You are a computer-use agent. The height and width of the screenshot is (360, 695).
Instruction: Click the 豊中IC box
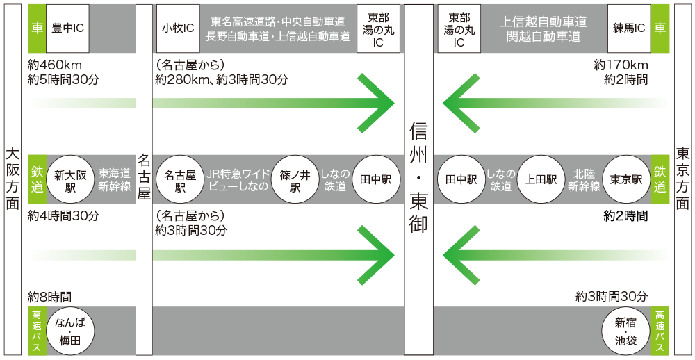pos(68,28)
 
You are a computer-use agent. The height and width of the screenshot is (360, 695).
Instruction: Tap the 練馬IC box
pos(628,28)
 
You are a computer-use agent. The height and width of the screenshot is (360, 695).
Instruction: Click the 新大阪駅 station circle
pos(70,179)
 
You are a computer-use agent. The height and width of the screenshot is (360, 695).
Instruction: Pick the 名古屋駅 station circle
pos(179,179)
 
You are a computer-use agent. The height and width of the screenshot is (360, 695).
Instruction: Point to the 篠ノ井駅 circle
pos(295,179)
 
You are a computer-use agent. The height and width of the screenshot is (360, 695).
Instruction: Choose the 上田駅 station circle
pos(542,179)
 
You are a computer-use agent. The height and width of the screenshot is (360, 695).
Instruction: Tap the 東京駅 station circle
pos(625,179)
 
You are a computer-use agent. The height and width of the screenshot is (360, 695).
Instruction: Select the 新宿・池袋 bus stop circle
pos(625,331)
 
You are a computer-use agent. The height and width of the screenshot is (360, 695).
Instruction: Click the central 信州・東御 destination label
pos(418,179)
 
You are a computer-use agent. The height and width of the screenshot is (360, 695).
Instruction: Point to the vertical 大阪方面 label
pos(12,179)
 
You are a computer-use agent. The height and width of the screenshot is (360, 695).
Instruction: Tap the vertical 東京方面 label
pos(682,179)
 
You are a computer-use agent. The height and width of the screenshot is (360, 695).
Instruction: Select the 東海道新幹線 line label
pos(114,179)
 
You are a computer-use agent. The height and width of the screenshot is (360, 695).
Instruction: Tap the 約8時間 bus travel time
pos(49,296)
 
